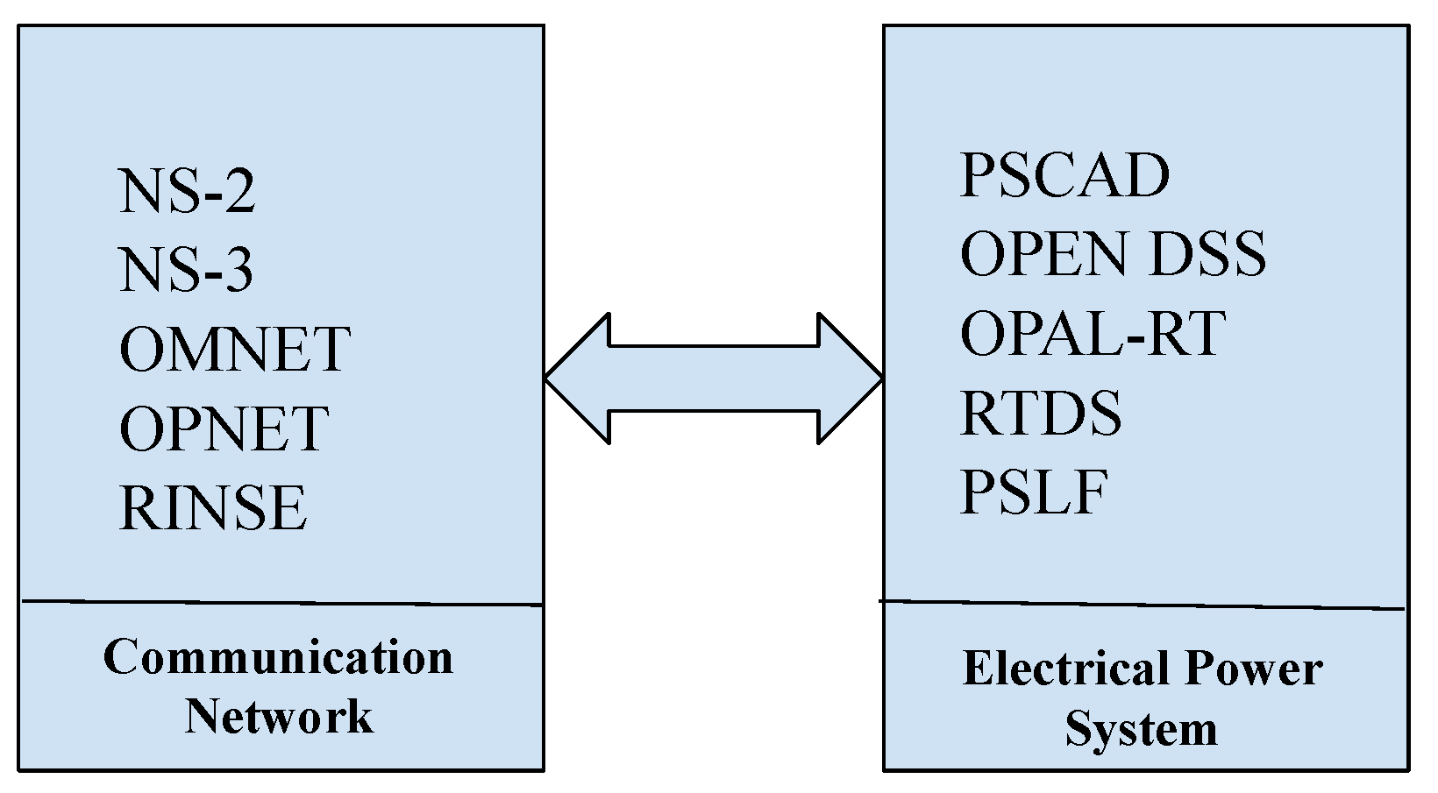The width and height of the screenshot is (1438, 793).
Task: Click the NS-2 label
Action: (187, 192)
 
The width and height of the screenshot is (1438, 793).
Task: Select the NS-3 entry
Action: (187, 271)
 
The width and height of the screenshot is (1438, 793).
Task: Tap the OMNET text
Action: (235, 350)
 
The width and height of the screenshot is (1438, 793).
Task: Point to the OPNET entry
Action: (224, 428)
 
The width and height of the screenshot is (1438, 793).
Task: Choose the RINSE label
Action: (213, 508)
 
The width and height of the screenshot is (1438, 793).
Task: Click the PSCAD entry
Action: (1064, 175)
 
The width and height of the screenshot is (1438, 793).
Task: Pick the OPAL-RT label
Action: (1092, 334)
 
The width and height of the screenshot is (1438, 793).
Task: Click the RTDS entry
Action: (1041, 413)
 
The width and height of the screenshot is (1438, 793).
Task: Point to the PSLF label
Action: (1034, 492)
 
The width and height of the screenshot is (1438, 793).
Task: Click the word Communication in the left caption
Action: (278, 657)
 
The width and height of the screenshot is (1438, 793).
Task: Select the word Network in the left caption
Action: (278, 716)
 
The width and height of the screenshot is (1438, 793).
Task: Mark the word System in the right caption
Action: (1141, 729)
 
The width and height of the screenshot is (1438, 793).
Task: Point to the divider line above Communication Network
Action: (281, 603)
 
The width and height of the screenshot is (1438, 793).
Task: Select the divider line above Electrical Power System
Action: (1140, 605)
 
